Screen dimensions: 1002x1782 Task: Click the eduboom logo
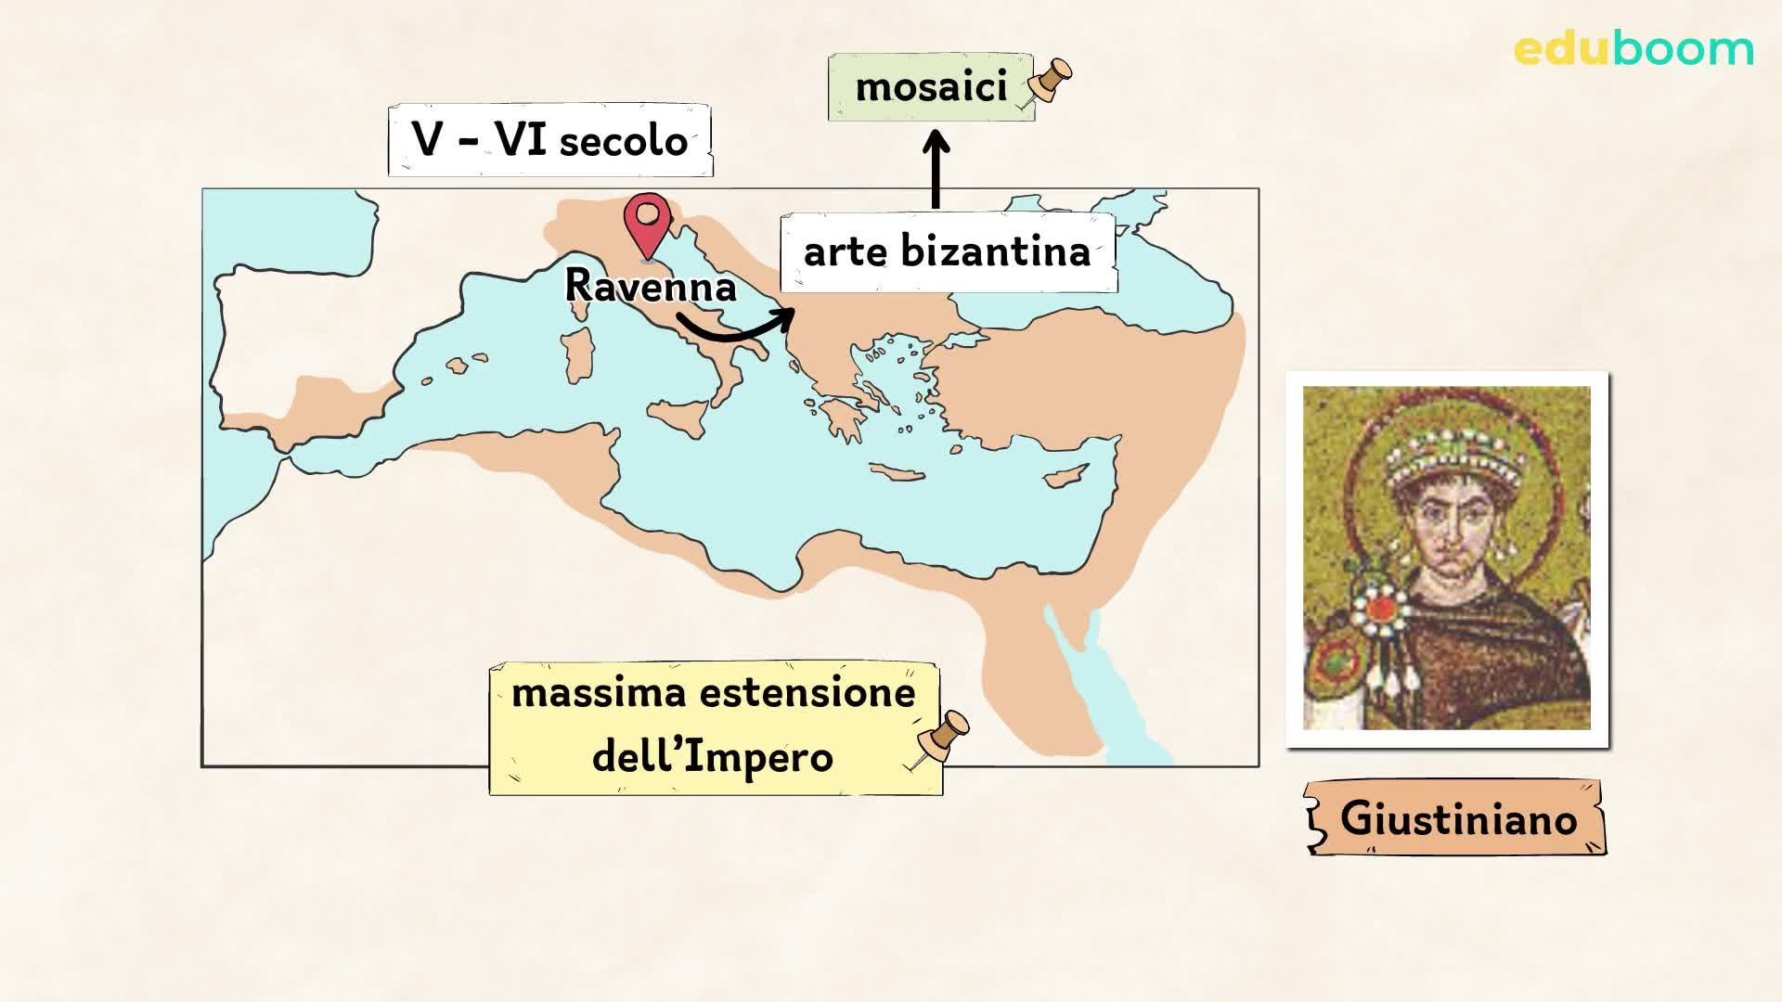1633,49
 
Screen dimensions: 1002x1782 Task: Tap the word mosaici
931,87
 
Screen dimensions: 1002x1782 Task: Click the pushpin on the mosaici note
1049,82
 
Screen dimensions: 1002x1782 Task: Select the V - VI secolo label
550,141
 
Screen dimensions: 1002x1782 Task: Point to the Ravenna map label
650,286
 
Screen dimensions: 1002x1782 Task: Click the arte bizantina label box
948,252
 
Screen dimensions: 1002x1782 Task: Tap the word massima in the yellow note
578,693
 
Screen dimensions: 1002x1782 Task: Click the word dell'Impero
713,757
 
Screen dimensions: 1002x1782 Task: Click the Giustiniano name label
1457,818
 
